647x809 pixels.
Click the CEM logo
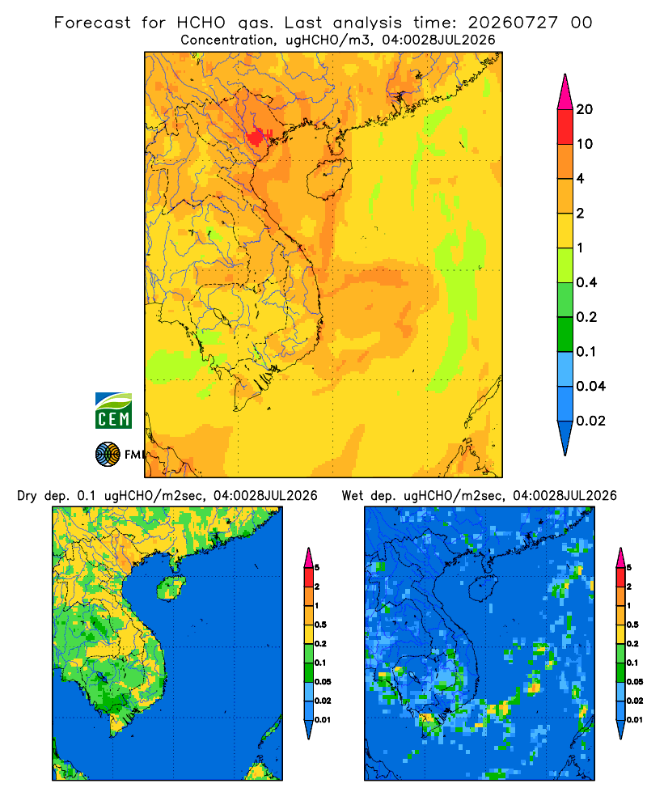coord(113,411)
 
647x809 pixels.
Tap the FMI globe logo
coord(108,454)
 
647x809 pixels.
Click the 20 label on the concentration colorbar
coord(585,109)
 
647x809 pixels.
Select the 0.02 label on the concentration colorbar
coord(590,421)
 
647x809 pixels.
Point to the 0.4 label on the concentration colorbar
coord(586,282)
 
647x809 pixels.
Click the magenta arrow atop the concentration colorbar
coord(565,92)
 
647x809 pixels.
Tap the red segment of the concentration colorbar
coord(565,127)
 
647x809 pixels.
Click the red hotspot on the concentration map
coord(256,138)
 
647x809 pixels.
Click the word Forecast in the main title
coord(92,23)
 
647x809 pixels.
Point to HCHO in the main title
coord(201,23)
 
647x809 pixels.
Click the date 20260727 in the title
coord(513,23)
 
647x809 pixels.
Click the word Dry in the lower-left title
coord(27,496)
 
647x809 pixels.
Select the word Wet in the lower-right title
coord(353,496)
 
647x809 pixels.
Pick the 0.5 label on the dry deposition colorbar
coord(320,625)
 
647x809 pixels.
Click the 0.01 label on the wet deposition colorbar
coord(635,720)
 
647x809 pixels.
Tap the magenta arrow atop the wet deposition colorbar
coord(620,557)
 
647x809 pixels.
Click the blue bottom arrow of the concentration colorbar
coord(565,436)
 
